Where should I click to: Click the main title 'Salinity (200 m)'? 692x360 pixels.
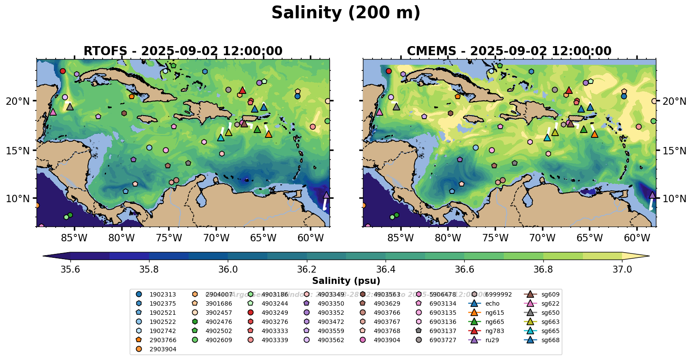pyautogui.click(x=346, y=13)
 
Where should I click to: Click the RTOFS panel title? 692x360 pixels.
pyautogui.click(x=183, y=51)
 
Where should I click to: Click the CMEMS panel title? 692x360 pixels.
pyautogui.click(x=509, y=51)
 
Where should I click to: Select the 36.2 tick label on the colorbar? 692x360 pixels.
pyautogui.click(x=306, y=270)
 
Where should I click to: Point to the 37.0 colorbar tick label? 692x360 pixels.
pyautogui.click(x=622, y=270)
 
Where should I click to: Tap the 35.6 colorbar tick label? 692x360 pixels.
pyautogui.click(x=70, y=270)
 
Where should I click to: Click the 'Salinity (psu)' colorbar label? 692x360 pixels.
pyautogui.click(x=346, y=281)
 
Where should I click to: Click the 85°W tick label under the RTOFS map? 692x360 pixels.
pyautogui.click(x=74, y=238)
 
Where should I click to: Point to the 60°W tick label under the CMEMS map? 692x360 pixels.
pyautogui.click(x=637, y=238)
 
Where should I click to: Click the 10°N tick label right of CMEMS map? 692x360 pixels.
pyautogui.click(x=674, y=199)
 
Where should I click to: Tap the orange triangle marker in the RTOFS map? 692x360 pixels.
pyautogui.click(x=268, y=134)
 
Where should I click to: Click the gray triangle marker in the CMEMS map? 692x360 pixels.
pyautogui.click(x=396, y=107)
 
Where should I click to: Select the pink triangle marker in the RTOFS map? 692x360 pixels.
pyautogui.click(x=53, y=112)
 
